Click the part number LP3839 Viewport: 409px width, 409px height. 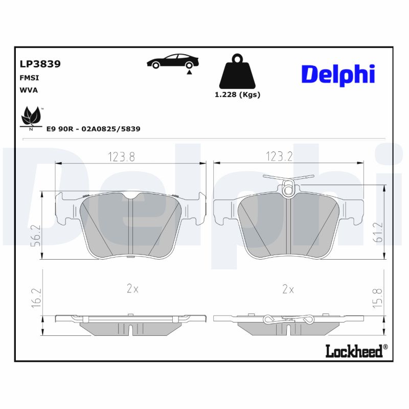pos(40,64)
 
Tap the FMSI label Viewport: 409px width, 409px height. pos(29,78)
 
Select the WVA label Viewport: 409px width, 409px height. pos(29,90)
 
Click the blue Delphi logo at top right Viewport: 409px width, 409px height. pos(338,75)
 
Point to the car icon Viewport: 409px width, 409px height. pos(171,61)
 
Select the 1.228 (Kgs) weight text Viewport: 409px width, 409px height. pos(237,95)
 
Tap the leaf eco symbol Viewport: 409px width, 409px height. pos(32,118)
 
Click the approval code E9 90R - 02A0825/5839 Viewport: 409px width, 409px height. pos(93,129)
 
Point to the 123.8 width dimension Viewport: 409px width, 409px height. pos(121,157)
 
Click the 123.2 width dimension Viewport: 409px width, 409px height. pos(279,157)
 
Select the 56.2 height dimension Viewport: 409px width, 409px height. pos(36,236)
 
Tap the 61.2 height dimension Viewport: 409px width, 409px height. pos(377,232)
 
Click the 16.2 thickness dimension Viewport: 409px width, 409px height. pos(36,297)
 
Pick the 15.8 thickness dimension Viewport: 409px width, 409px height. pos(377,297)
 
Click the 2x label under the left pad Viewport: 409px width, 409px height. pos(132,289)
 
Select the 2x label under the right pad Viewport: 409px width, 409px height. pos(288,289)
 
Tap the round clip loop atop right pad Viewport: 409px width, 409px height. pos(288,191)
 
